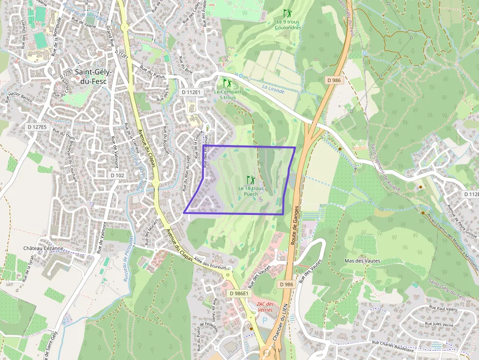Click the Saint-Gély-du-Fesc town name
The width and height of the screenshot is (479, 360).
coord(93,77)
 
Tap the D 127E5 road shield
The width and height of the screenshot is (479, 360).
coord(37,127)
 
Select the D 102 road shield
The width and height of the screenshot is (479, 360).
coord(118,175)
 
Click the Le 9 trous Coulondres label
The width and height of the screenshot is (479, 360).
coord(287,24)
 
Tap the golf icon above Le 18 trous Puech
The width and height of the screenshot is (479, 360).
coord(251,180)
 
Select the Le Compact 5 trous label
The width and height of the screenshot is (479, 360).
coord(227,95)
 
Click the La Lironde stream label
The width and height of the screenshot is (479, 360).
coord(273,88)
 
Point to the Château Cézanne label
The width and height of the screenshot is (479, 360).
coord(44,248)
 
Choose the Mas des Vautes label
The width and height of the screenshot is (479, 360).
coord(362,261)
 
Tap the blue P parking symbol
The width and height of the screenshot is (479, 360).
coord(265,321)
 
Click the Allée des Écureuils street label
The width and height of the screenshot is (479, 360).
coord(211,264)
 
